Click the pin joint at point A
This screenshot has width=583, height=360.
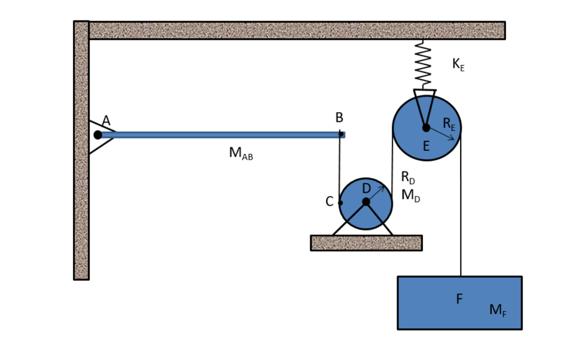[x=98, y=135]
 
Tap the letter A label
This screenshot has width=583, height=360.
[x=106, y=120]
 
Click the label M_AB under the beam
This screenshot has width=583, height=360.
[x=241, y=154]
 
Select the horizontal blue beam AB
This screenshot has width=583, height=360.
[x=222, y=135]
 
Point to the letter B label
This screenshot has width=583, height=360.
[x=339, y=118]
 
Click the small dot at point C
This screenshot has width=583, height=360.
[x=340, y=203]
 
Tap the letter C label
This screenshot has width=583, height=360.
[x=329, y=202]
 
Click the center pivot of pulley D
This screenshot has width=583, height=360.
[x=366, y=202]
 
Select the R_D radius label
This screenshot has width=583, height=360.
[x=408, y=178]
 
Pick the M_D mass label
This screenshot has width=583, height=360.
[x=410, y=195]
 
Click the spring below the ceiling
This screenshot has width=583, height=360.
[x=423, y=64]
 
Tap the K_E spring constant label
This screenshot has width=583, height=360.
[x=458, y=64]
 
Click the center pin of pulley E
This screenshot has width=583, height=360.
[x=426, y=128]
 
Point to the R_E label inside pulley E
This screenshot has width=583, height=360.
[x=449, y=124]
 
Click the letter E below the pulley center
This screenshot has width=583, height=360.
[x=426, y=146]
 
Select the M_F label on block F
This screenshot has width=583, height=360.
[x=498, y=310]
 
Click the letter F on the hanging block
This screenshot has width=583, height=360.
[x=459, y=299]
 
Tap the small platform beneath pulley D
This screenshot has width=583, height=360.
[x=366, y=243]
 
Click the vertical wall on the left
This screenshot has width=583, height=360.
[x=81, y=171]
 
